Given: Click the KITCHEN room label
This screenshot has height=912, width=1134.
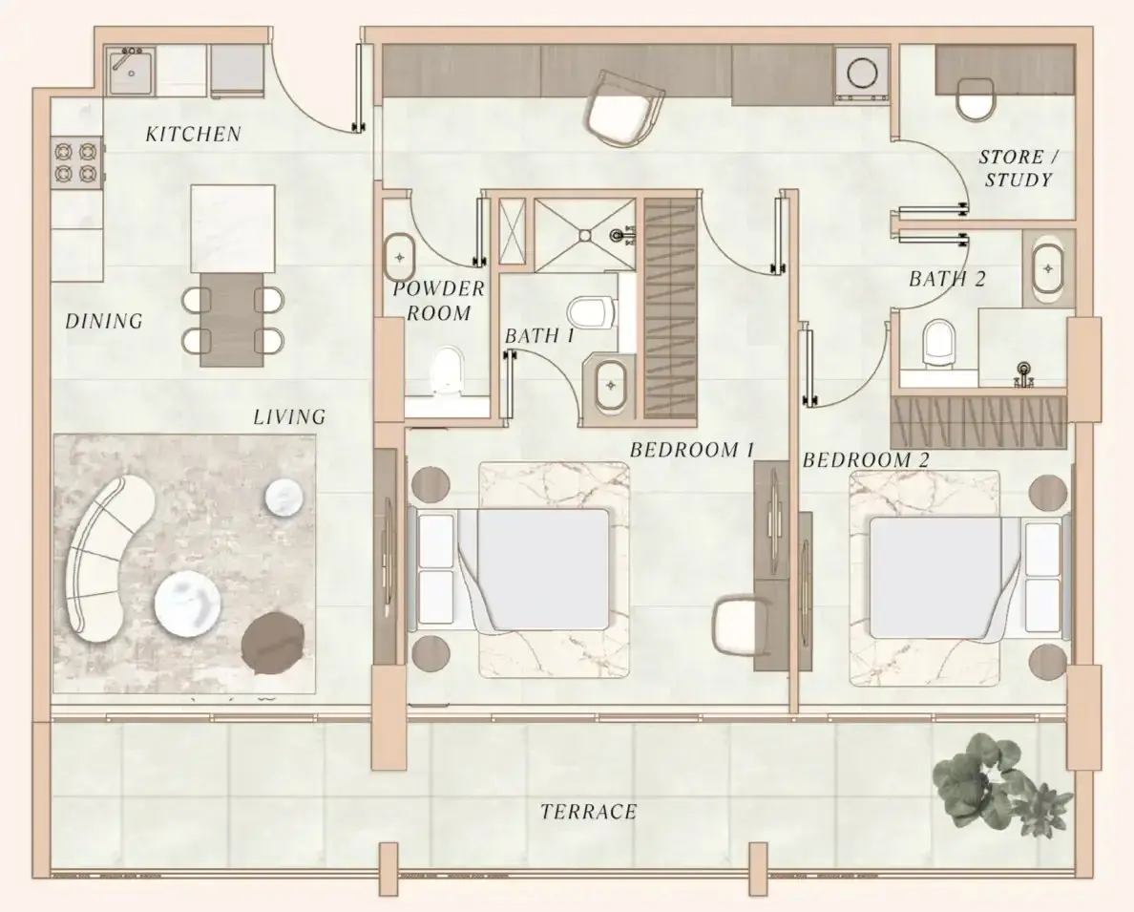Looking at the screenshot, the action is pos(193,134).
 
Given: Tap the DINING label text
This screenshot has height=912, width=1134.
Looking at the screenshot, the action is pos(104,322).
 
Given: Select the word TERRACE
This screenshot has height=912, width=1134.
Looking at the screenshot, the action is pos(589,812).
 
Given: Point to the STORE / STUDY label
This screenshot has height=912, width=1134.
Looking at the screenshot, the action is pos(1018,168).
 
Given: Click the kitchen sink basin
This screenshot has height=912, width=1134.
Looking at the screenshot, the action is pos(131,71).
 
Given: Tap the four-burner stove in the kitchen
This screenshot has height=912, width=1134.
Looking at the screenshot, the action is pos(76,163).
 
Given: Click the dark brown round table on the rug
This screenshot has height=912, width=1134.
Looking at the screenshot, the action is pos(273,644).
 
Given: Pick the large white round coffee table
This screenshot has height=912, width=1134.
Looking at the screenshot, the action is pos(187,604).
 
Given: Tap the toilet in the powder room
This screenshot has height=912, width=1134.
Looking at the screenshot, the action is pos(446,370).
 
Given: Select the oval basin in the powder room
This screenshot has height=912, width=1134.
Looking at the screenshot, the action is pos(398,257).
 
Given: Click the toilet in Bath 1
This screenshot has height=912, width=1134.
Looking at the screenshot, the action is pos(591,312).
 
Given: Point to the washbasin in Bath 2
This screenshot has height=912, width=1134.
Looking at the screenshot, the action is pos(1048,269).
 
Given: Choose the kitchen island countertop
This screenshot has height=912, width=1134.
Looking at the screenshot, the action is pos(233,228).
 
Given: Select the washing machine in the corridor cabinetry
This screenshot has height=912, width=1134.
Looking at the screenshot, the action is pos(861,74).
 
